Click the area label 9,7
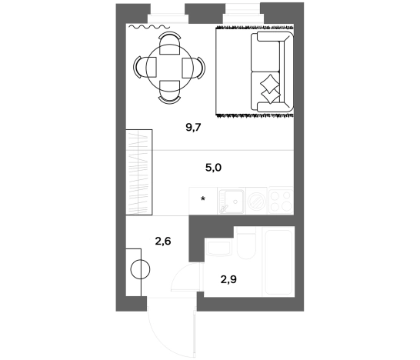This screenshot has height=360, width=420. (x=193, y=128)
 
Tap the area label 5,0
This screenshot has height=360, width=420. (x=213, y=168)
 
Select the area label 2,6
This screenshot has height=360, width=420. (x=163, y=242)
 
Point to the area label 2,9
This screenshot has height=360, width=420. (x=228, y=280)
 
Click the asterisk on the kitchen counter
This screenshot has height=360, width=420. (x=203, y=198)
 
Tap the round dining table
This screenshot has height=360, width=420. (x=169, y=68)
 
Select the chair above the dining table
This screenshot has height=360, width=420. (x=169, y=43)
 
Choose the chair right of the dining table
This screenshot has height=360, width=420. (x=194, y=68)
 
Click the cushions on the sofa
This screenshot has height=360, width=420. (x=270, y=89)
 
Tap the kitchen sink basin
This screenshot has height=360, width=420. (x=232, y=201)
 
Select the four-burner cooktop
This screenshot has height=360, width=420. (x=281, y=201)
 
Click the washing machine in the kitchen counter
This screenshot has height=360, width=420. (x=257, y=201)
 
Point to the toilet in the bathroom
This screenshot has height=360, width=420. (x=246, y=242)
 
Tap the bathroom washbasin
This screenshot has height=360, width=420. (x=219, y=248)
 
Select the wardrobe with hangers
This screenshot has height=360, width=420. (x=139, y=172)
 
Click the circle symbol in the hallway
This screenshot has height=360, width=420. (x=140, y=269)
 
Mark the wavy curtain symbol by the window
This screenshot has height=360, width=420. (x=149, y=26)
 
